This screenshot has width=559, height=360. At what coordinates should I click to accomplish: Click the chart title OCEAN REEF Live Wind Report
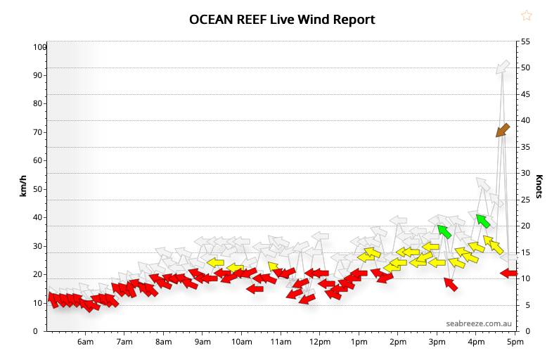(x=282, y=19)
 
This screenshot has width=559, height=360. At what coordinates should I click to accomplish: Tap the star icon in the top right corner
(x=526, y=15)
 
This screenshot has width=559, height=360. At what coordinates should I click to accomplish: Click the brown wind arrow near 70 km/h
(x=503, y=129)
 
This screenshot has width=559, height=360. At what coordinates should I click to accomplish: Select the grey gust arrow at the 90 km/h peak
(x=503, y=67)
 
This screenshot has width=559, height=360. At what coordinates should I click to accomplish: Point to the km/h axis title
(x=23, y=186)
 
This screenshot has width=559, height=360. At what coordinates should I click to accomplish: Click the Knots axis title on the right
(x=539, y=186)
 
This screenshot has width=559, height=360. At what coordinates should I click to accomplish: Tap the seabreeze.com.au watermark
(x=477, y=323)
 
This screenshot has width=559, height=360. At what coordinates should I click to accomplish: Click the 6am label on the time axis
(x=85, y=342)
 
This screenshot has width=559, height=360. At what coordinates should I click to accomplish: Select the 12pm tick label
(x=319, y=342)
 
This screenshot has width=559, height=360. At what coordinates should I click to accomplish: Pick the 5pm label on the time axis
(x=515, y=342)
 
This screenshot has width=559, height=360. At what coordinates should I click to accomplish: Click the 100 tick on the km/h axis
(x=39, y=47)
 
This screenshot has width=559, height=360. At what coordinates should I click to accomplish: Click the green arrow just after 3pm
(x=444, y=231)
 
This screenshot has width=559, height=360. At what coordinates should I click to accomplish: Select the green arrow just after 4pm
(x=482, y=221)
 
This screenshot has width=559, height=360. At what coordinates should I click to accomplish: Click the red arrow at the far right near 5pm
(x=508, y=273)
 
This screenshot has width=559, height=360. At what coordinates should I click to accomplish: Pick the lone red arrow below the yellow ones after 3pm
(x=451, y=284)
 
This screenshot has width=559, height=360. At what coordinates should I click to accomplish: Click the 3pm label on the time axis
(x=437, y=342)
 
